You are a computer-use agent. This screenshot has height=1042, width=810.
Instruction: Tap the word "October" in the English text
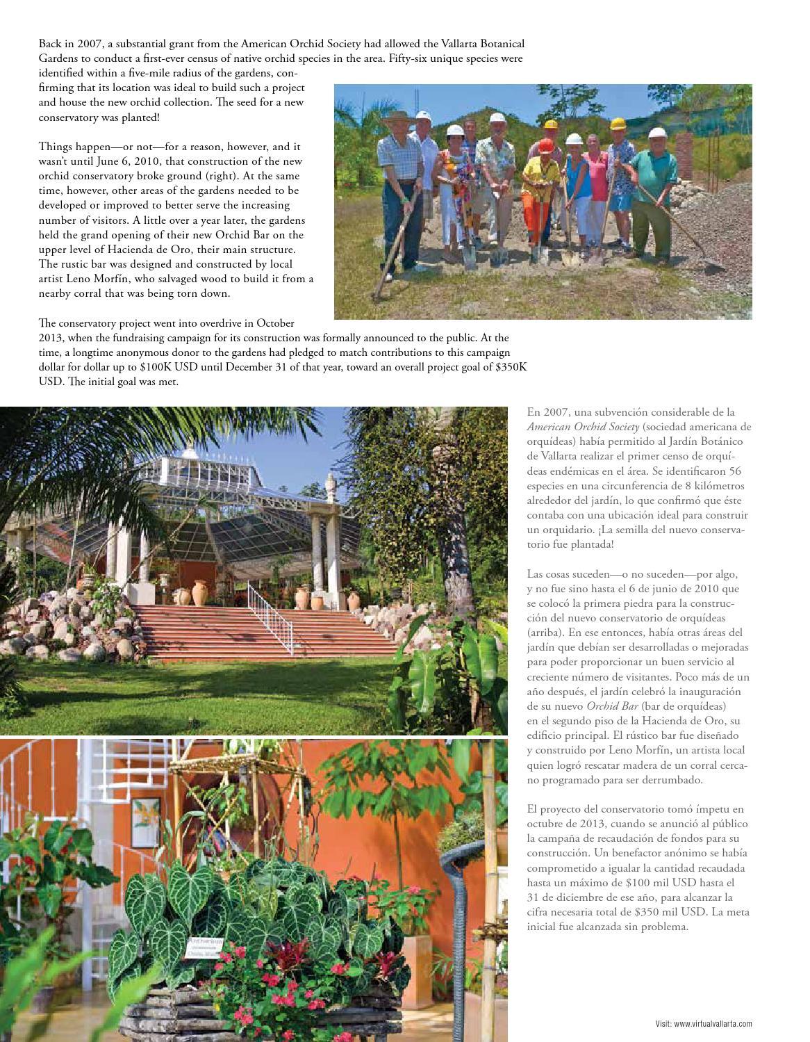pyautogui.click(x=276, y=323)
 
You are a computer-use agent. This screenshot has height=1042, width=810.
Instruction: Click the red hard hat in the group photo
pyautogui.click(x=547, y=145)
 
